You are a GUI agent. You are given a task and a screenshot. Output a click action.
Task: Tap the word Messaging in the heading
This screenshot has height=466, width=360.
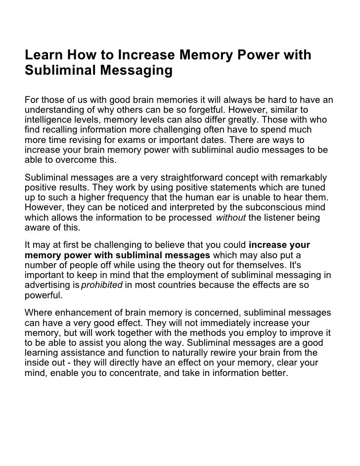tap(136, 71)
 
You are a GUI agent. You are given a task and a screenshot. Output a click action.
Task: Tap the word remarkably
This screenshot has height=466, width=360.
tap(302, 178)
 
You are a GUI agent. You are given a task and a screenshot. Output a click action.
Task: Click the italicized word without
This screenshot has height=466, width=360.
tap(231, 218)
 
